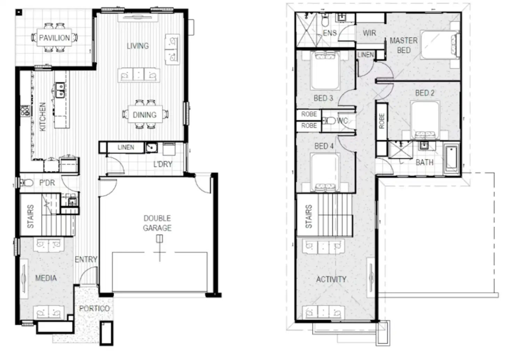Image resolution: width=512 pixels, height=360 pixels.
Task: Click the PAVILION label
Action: click(x=54, y=38)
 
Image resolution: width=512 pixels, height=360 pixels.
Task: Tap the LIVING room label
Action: click(x=138, y=46)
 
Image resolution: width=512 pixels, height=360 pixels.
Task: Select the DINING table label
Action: click(x=145, y=115)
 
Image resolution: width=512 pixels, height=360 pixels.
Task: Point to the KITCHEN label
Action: click(x=43, y=117)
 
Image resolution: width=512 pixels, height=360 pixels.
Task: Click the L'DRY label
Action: click(x=163, y=164)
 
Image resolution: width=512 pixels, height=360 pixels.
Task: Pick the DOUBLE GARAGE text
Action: click(x=157, y=223)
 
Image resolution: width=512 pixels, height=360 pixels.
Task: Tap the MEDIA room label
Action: click(x=46, y=278)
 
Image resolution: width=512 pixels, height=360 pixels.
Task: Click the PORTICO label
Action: click(x=94, y=309)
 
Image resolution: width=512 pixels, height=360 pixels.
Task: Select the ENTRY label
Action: click(x=86, y=259)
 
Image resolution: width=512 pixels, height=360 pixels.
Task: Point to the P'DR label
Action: click(x=47, y=183)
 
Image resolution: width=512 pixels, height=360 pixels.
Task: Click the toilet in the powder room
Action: click(x=26, y=183)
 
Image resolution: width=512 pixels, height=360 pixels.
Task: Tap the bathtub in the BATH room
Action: click(x=451, y=160)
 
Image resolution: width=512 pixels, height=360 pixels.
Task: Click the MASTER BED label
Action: click(x=403, y=45)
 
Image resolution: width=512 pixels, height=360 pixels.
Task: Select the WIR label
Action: click(x=369, y=33)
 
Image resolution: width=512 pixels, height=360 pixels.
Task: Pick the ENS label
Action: click(x=330, y=33)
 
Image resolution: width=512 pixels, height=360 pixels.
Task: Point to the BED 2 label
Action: click(x=425, y=93)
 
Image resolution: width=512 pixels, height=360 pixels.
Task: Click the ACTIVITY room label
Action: click(x=331, y=279)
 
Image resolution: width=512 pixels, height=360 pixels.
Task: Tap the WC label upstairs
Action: click(x=342, y=121)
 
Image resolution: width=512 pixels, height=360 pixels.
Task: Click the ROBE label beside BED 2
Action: click(x=382, y=121)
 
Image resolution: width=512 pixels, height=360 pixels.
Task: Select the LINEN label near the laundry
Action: click(x=126, y=147)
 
